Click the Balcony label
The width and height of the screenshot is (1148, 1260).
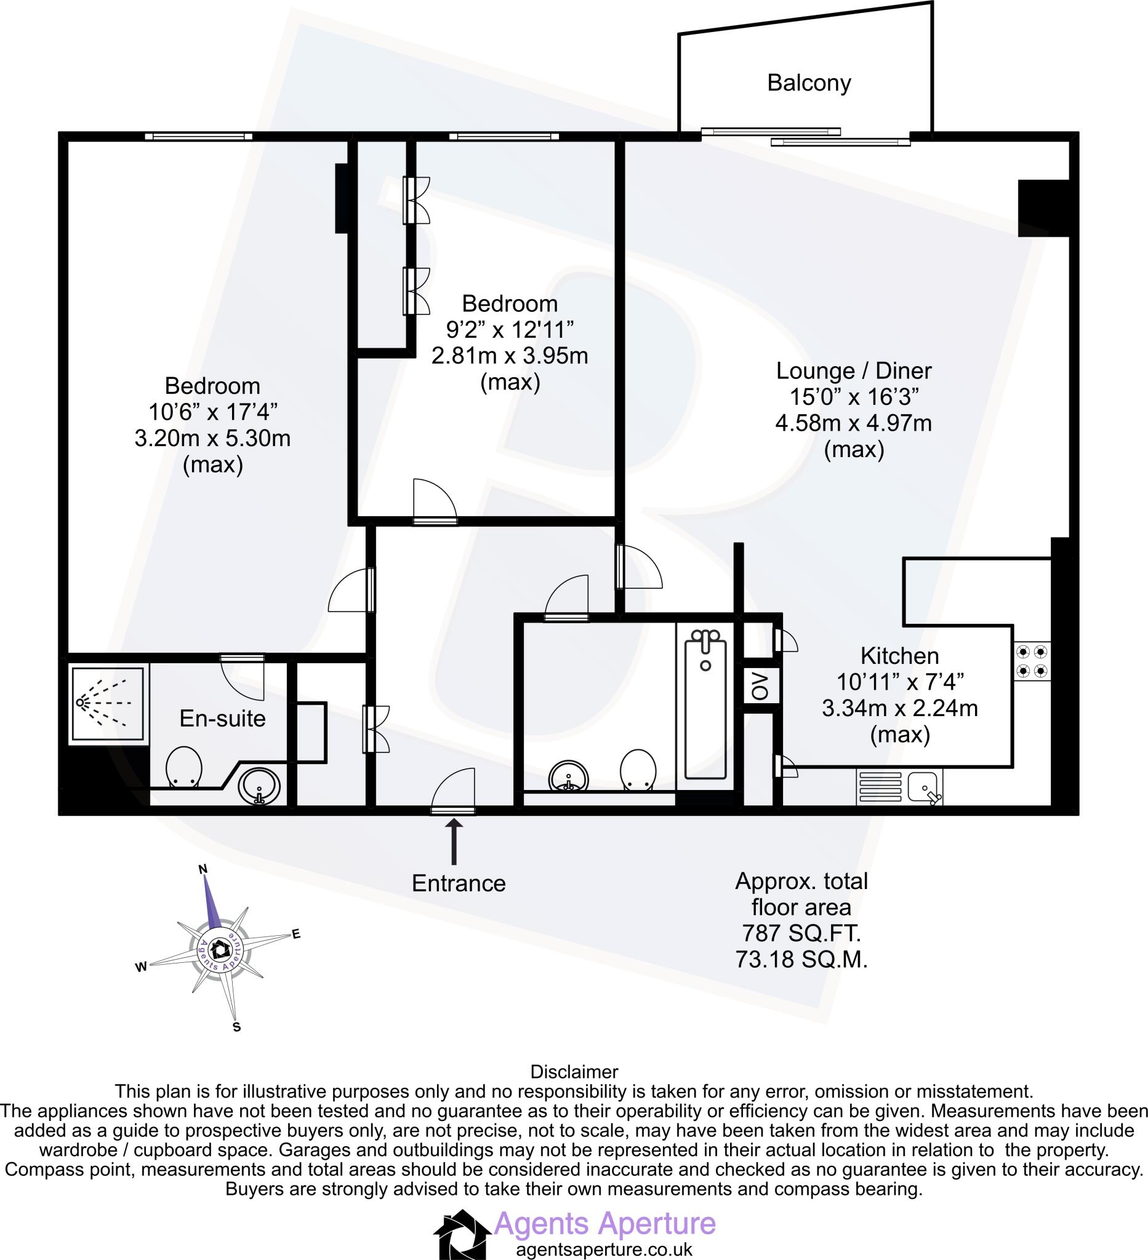point(808,83)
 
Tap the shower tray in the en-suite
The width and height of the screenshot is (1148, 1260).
point(109,704)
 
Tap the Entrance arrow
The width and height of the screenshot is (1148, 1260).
point(454,842)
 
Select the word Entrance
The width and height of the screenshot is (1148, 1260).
point(459,883)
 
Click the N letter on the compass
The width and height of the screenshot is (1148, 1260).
point(203,869)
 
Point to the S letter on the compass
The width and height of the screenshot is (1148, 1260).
point(236,1027)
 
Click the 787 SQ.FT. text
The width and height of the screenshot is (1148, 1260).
point(801,933)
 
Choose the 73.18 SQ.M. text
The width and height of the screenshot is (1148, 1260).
point(801,959)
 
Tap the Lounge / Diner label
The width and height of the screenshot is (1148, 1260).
point(854,370)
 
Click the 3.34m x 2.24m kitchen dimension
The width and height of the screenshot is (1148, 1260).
point(900,708)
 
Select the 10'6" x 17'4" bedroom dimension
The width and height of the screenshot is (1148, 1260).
point(212,412)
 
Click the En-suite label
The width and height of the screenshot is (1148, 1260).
point(222,719)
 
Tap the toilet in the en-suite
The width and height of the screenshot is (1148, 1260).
point(184,766)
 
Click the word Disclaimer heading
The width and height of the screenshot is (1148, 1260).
point(573,1072)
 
